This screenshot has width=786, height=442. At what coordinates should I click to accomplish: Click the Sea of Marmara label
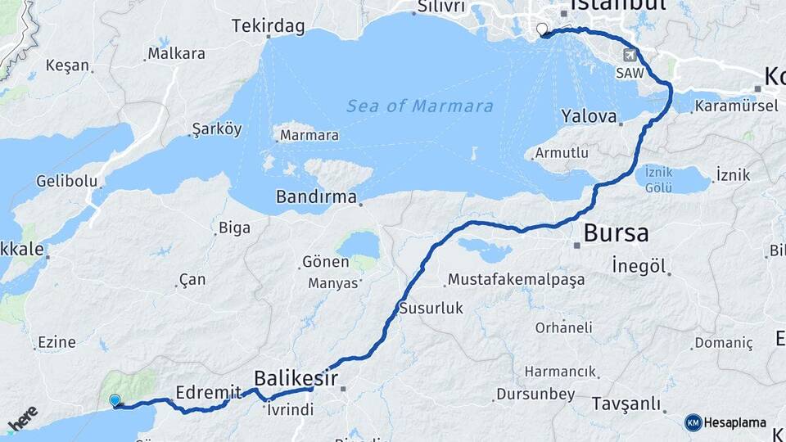tap(419, 106)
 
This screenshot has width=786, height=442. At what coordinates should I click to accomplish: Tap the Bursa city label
tap(616, 233)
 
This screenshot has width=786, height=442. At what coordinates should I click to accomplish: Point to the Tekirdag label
tap(268, 26)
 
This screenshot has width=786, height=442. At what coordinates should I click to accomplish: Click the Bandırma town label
tap(316, 197)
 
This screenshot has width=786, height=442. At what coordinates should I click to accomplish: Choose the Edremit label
tap(209, 392)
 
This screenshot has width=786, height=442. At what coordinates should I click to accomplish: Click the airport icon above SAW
tap(629, 55)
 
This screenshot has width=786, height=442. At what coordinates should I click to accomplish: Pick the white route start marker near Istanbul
tap(541, 30)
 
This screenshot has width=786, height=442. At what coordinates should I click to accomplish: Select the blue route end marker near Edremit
tap(115, 400)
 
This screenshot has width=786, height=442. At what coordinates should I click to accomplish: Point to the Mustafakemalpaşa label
tap(516, 280)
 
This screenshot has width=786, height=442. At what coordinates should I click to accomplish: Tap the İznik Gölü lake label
tap(659, 179)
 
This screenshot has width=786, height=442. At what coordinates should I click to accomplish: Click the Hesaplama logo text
tap(734, 423)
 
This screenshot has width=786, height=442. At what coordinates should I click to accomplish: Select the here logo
tap(23, 418)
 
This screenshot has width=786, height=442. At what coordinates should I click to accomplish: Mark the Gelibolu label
tap(67, 182)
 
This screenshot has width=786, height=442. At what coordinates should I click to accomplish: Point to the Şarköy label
tap(216, 129)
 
